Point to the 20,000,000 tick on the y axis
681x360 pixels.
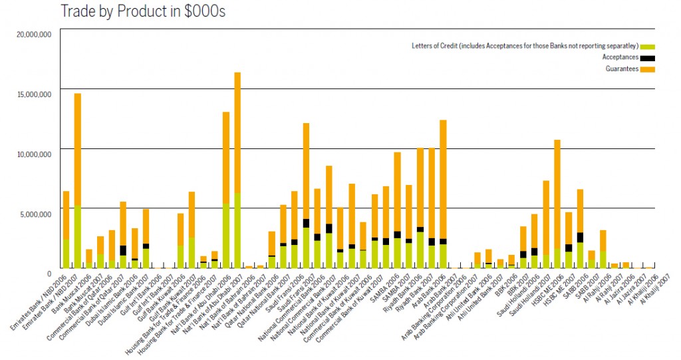33,35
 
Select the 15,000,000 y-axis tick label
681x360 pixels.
33,94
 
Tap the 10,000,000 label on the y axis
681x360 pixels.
33,154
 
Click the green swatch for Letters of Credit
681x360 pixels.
648,46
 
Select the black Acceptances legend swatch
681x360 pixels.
648,58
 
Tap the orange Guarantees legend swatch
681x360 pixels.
648,69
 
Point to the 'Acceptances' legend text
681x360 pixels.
620,58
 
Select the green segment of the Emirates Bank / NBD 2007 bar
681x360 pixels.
78,237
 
